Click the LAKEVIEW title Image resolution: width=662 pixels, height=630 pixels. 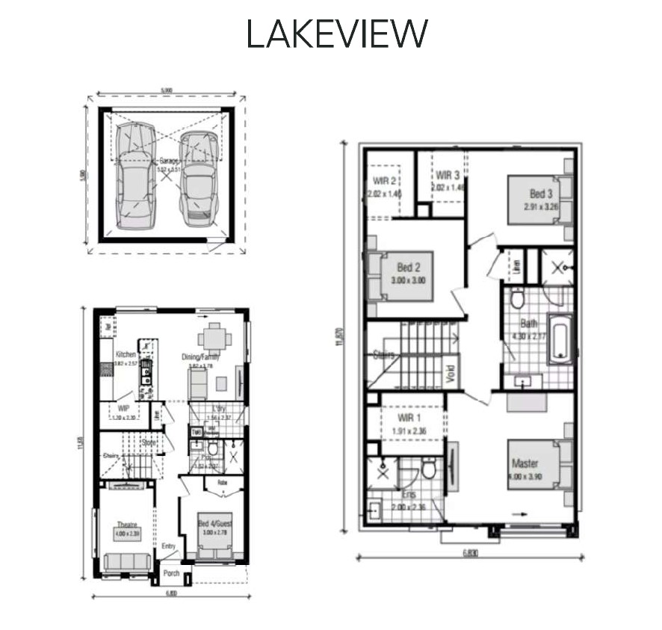[337, 34]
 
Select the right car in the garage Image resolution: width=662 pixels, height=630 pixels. [198, 179]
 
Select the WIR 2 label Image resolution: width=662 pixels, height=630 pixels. [385, 180]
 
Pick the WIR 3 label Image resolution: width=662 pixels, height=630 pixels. [448, 175]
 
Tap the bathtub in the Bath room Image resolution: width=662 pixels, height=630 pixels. [561, 339]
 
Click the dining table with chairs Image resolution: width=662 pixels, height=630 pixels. [214, 338]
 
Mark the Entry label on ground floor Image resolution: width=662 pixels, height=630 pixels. [168, 546]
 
